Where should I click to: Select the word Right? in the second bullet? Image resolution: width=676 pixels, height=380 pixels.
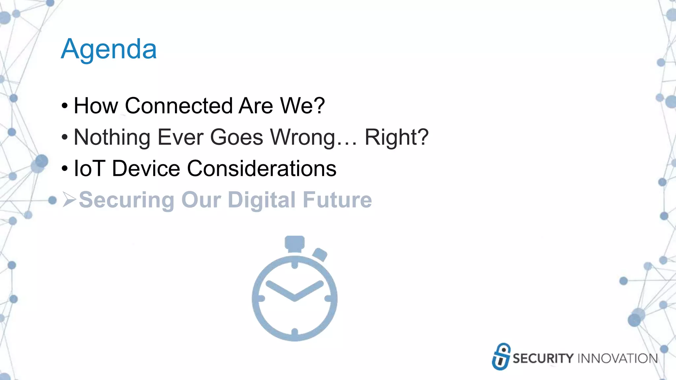pos(396,137)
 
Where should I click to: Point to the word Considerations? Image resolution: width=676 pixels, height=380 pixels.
pos(262,169)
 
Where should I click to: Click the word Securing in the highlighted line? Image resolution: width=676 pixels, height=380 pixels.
pos(126,200)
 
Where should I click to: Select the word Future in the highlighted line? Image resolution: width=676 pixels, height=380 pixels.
pos(337,200)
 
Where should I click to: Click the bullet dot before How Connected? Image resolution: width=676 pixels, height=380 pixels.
pos(65,106)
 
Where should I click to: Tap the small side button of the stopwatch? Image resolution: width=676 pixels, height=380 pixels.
pos(320,254)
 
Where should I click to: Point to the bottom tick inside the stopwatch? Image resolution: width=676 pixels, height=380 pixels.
pos(294,332)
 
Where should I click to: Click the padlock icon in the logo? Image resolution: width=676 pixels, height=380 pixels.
pos(501,357)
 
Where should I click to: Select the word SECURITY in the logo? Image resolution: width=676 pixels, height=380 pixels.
pos(543,359)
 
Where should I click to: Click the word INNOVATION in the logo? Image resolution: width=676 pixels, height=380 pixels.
pos(617,359)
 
